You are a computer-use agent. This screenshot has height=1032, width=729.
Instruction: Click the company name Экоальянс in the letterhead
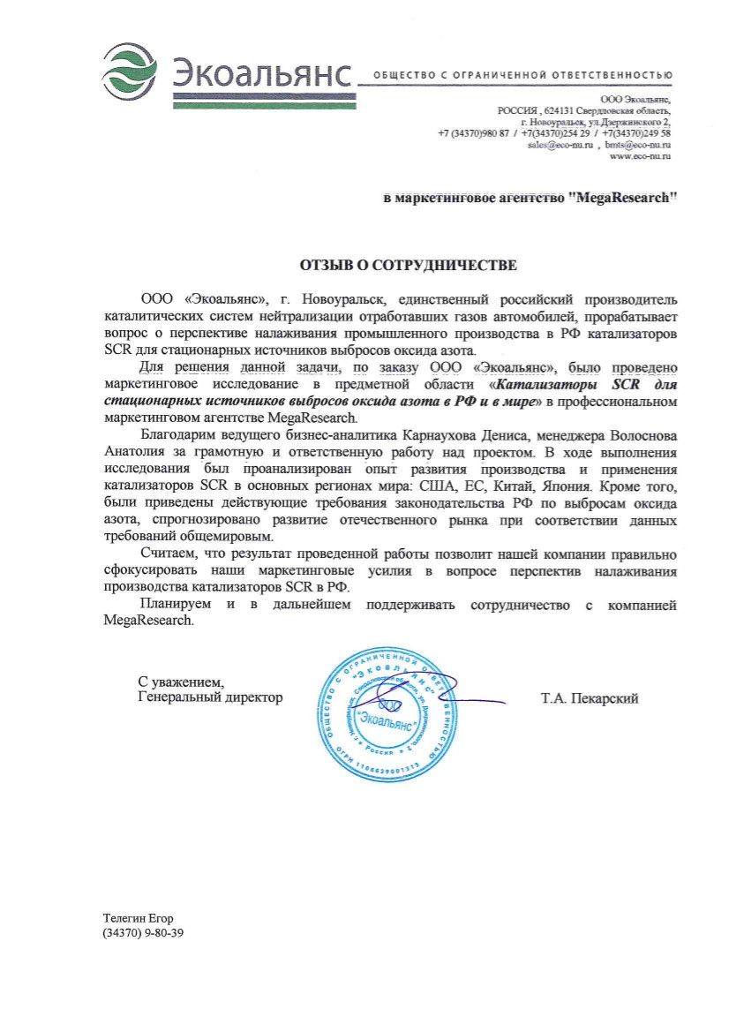click(x=262, y=68)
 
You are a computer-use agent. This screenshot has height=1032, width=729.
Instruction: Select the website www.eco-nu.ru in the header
click(x=640, y=155)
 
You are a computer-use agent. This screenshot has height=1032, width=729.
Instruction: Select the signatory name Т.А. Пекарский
click(x=589, y=698)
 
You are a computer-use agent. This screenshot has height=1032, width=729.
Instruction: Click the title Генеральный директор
click(x=211, y=697)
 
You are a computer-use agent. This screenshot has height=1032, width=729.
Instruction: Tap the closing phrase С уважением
click(x=181, y=682)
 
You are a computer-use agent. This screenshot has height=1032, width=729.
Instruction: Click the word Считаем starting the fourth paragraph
click(x=169, y=554)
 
